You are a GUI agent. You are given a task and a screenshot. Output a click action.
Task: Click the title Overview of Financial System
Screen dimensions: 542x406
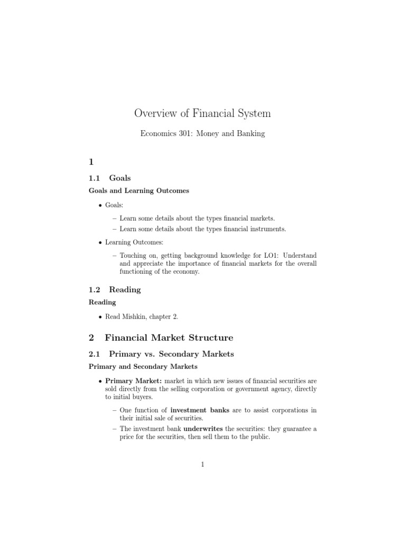202,113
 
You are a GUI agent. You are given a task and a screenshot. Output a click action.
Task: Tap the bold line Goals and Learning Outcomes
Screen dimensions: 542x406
139,191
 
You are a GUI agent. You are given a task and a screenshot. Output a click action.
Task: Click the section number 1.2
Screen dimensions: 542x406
94,290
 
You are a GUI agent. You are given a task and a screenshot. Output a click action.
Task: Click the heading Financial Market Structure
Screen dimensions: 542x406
169,337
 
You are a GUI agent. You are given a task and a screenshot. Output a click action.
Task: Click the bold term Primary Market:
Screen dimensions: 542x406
134,381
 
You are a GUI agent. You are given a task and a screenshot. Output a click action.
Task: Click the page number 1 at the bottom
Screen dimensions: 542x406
202,465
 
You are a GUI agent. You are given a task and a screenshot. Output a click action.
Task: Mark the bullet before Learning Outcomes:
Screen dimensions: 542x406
100,242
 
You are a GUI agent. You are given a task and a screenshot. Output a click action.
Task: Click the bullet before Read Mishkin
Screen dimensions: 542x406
100,317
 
